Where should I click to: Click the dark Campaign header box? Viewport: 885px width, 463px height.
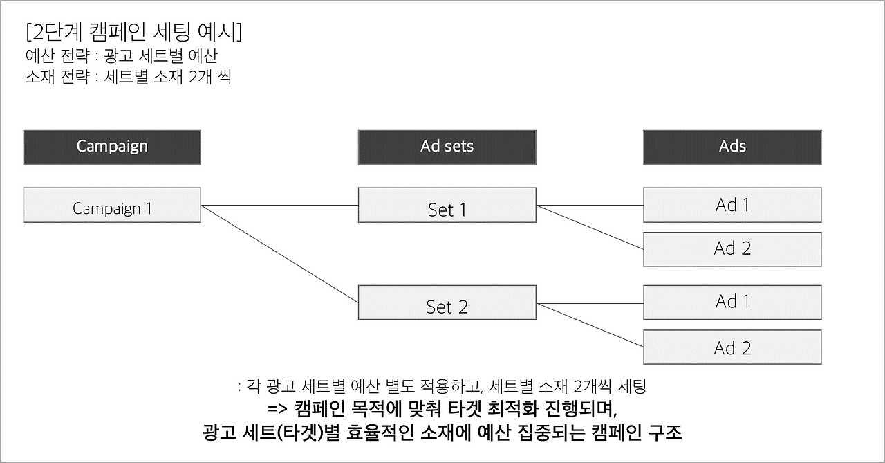click(112, 147)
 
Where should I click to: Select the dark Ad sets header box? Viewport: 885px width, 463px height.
click(447, 147)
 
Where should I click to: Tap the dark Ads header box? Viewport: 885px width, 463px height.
click(732, 147)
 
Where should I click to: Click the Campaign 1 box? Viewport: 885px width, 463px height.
click(112, 205)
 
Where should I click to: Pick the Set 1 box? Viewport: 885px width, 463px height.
click(447, 205)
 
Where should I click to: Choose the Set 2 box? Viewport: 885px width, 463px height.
click(447, 302)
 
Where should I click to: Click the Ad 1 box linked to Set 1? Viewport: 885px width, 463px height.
click(732, 205)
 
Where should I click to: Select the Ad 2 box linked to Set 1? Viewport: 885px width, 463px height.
click(732, 249)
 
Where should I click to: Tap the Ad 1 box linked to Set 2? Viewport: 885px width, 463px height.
click(732, 302)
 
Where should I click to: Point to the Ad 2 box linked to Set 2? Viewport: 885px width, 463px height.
click(732, 347)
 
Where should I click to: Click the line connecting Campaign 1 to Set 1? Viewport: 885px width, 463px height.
click(279, 205)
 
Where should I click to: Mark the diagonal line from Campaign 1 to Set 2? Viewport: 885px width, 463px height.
click(279, 254)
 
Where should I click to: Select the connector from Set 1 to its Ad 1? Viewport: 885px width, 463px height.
click(590, 205)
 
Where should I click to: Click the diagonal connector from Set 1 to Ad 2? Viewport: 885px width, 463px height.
click(590, 226)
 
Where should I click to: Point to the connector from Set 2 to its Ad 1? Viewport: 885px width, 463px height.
click(590, 303)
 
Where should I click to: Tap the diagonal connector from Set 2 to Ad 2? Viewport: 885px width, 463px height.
click(590, 325)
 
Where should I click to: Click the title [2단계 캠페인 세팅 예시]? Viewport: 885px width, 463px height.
click(132, 33)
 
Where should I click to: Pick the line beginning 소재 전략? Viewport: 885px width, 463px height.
click(127, 77)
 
